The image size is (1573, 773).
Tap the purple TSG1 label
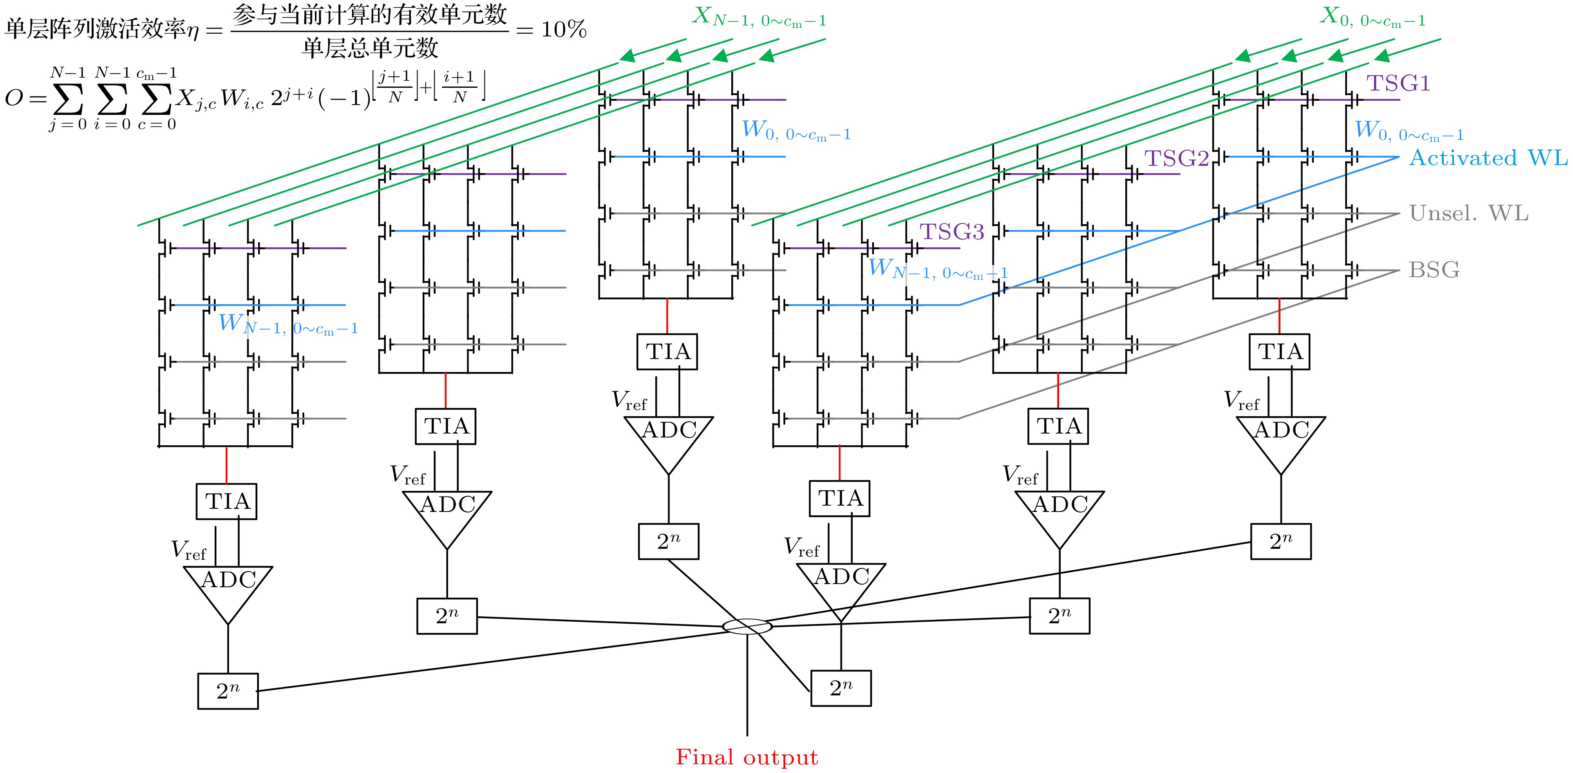(x=1398, y=83)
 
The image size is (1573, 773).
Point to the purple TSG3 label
(x=951, y=232)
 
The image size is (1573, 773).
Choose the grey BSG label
(x=1434, y=269)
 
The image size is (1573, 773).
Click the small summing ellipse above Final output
(x=747, y=626)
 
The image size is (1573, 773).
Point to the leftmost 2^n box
(x=228, y=691)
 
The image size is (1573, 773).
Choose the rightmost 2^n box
(x=1280, y=541)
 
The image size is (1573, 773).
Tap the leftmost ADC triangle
(x=228, y=587)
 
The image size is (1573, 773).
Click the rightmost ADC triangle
(x=1280, y=437)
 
